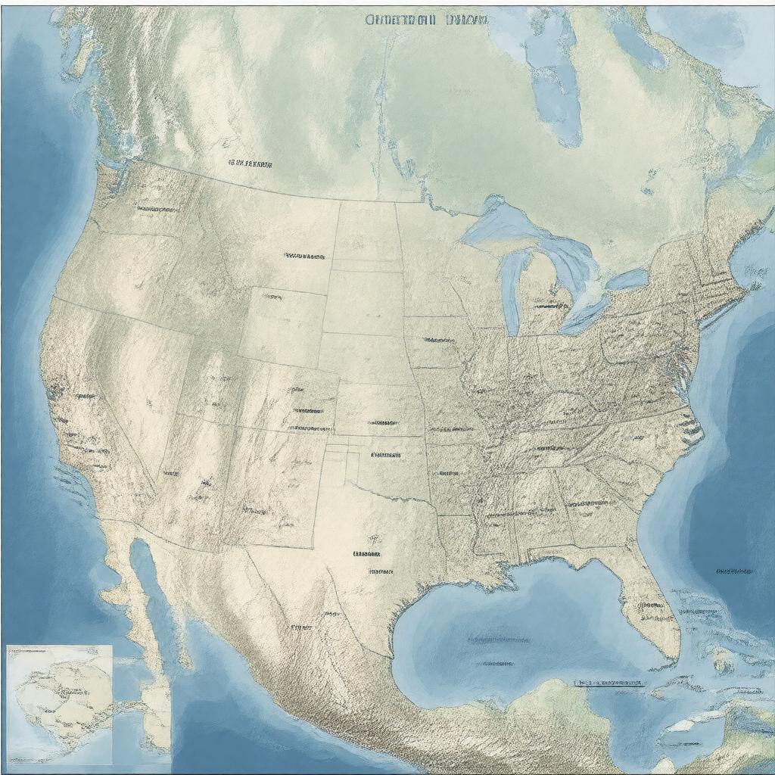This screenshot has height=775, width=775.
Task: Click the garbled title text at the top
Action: coord(426,20)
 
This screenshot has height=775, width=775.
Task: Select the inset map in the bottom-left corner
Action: coord(59,704)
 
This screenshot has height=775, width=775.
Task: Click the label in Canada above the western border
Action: coord(250,163)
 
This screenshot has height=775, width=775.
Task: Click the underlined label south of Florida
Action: coord(609,683)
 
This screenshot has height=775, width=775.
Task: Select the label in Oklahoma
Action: coord(385,456)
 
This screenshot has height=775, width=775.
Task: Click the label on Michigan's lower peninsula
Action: coord(550,306)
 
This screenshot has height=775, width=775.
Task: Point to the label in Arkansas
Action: coord(448,474)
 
